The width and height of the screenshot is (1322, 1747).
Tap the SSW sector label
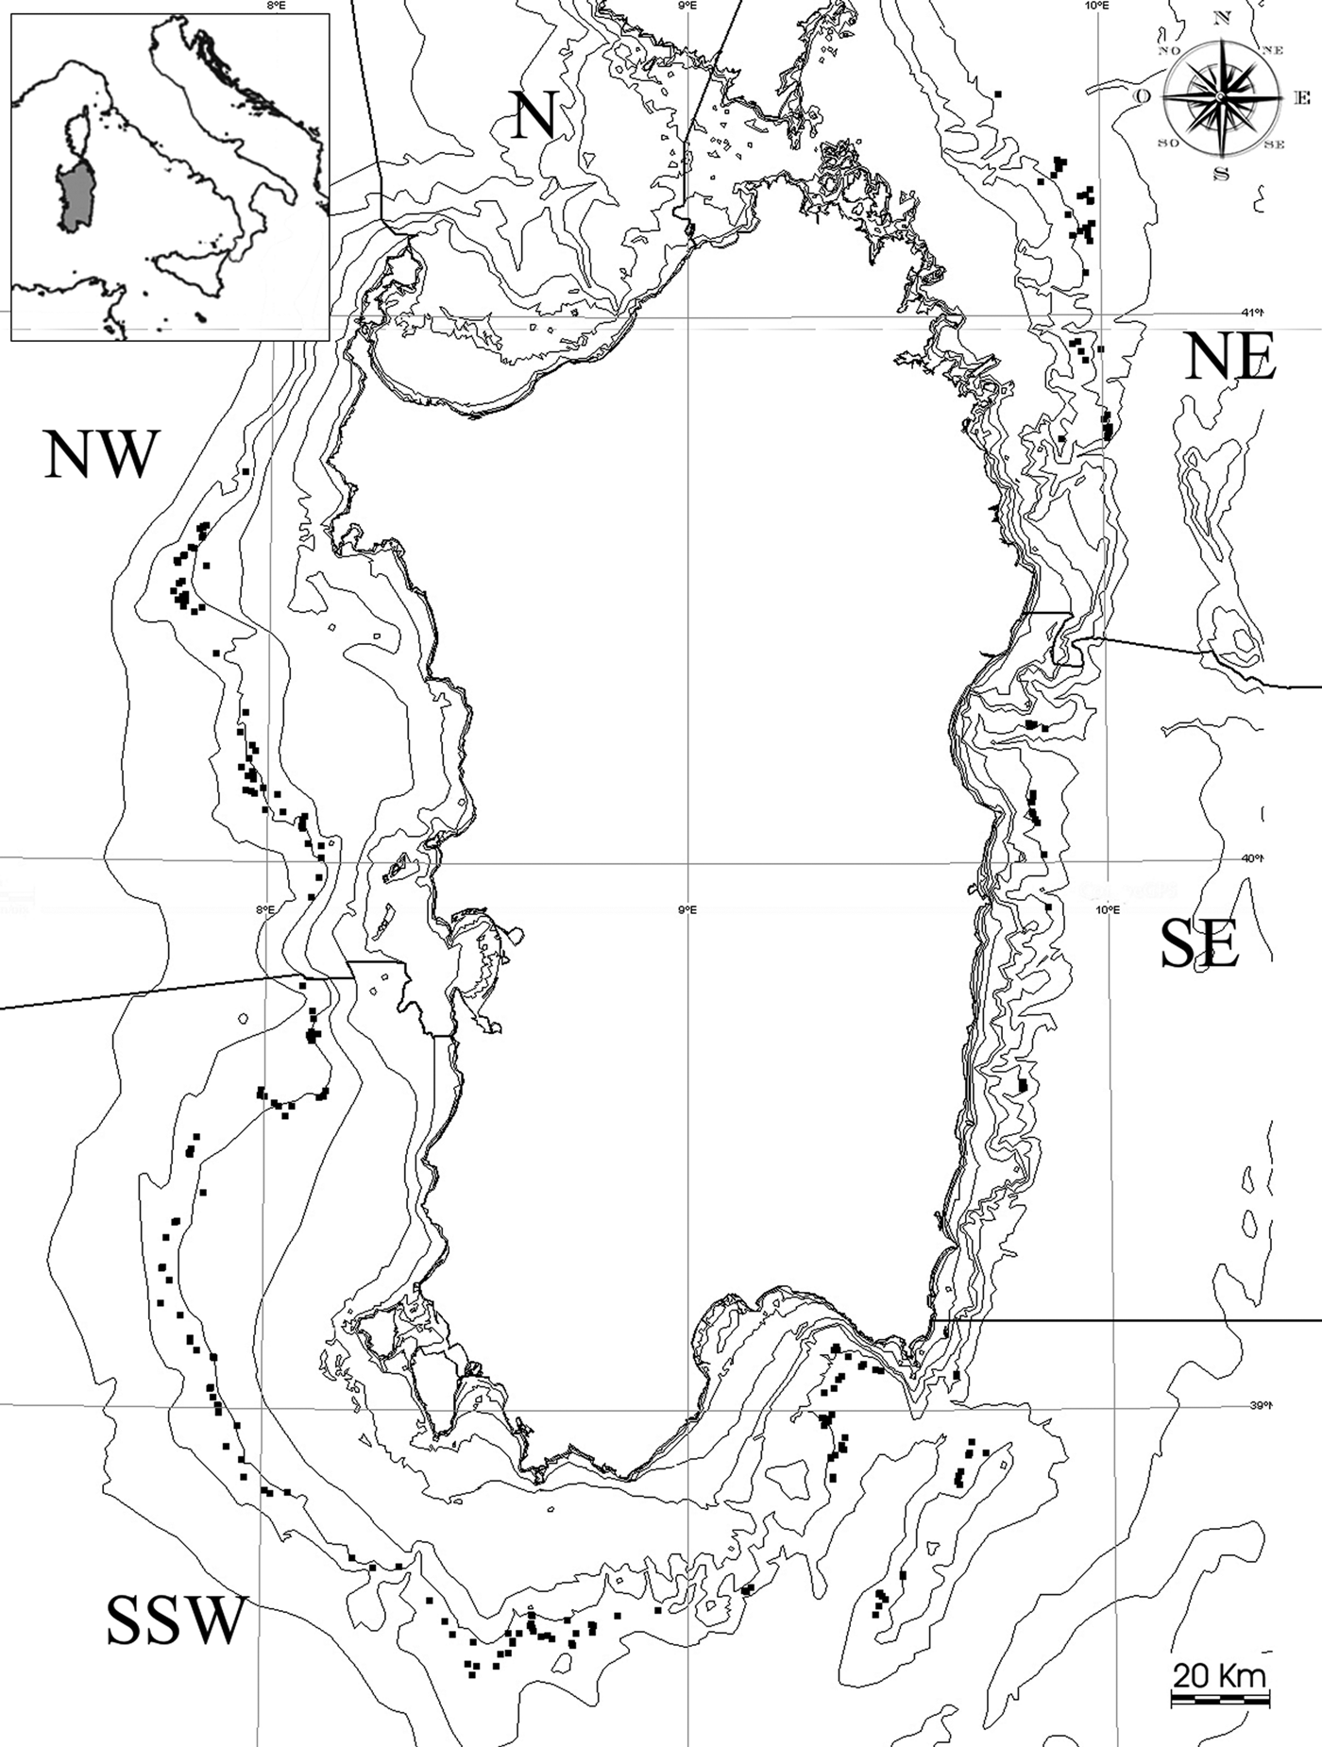[177, 1619]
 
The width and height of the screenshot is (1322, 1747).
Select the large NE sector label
[1230, 358]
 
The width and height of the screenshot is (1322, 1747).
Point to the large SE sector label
[1199, 944]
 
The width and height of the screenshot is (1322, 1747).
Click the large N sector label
[533, 115]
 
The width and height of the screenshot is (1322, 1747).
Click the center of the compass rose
[1221, 97]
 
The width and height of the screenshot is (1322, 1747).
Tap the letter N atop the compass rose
[1222, 17]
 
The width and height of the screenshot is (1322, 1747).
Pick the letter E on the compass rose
[1301, 98]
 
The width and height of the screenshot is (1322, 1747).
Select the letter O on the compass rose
[1143, 97]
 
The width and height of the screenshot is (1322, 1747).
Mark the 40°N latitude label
[1251, 858]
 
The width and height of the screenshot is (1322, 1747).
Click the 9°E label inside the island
[686, 909]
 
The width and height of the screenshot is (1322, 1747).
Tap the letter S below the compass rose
[1221, 174]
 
